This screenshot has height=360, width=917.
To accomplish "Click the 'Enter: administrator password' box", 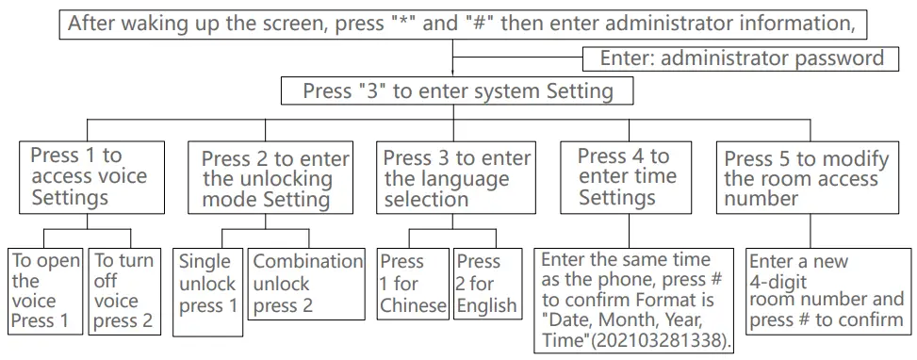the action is tap(741, 58).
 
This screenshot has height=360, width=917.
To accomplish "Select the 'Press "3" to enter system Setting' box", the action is tap(457, 91).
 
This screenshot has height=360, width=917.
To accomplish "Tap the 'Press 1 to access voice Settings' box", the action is tap(91, 176).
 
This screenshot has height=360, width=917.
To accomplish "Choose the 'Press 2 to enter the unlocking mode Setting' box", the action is tap(270, 176).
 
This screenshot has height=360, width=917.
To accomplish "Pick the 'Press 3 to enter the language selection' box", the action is tap(456, 176).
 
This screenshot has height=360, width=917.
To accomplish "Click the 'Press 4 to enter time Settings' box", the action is tap(626, 176).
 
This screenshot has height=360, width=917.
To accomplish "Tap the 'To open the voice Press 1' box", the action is tap(45, 291).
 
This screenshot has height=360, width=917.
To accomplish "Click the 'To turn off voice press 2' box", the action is tap(124, 291).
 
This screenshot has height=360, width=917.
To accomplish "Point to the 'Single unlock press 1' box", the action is tap(207, 292).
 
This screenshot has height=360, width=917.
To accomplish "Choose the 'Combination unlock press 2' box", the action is tap(306, 284).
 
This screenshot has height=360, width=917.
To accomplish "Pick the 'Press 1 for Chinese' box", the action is tap(413, 284).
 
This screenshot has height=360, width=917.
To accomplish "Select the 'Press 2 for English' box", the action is tap(487, 284).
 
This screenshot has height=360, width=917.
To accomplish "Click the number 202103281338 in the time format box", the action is tap(663, 342).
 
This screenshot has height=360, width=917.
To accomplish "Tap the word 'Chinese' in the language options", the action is tap(414, 305).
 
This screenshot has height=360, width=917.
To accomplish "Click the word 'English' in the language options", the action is tap(487, 305).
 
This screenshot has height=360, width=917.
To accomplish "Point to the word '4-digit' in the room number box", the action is tap(778, 281).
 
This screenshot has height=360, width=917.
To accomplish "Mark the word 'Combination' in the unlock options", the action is tap(307, 261).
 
